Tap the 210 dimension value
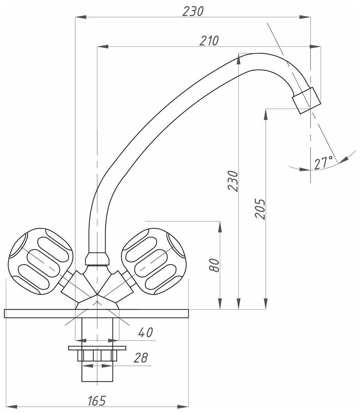209,41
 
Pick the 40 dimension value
145,332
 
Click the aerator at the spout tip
307,100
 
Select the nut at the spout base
97,258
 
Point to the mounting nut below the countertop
97,355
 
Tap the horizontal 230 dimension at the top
193,11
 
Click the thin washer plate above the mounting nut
97,348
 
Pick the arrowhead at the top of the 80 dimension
220,226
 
